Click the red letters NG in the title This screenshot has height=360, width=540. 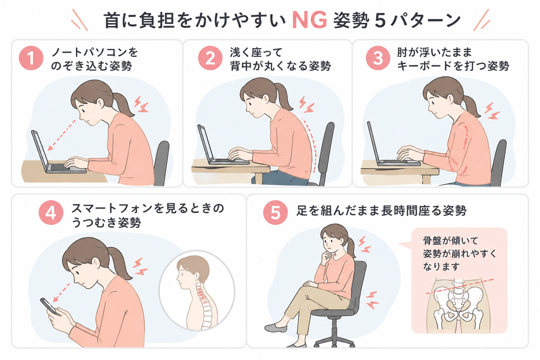tap(310, 20)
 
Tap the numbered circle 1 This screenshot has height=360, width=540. tap(31, 58)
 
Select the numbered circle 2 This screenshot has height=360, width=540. tap(210, 58)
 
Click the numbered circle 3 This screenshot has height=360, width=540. tap(378, 58)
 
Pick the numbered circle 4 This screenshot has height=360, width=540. tap(51, 213)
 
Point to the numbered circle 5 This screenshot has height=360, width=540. tap(275, 213)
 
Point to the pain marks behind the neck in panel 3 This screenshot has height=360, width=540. tap(492, 111)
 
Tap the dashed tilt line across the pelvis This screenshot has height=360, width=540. tap(459, 287)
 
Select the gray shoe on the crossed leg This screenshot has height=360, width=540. tap(276, 328)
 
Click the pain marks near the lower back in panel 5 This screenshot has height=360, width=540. tap(372, 300)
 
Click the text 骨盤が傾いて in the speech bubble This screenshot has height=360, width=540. tap(450, 240)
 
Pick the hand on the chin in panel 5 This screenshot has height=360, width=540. tap(326, 255)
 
